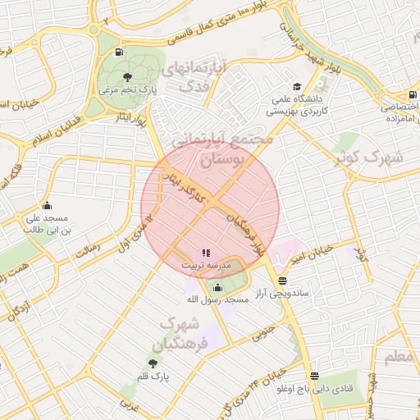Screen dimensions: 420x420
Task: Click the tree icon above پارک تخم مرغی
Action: click(126, 77)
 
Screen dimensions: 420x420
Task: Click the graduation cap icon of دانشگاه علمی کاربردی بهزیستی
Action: click(296, 86)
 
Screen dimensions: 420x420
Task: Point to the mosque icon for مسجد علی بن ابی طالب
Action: click(46, 206)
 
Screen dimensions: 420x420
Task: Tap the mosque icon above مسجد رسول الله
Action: click(217, 287)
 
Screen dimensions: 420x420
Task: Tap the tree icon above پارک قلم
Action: click(153, 363)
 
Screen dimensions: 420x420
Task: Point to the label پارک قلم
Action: click(153, 376)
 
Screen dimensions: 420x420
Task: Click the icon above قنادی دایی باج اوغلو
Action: click(314, 376)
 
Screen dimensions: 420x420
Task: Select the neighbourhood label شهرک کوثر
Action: click(372, 156)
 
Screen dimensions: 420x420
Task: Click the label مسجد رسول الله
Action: click(217, 300)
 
